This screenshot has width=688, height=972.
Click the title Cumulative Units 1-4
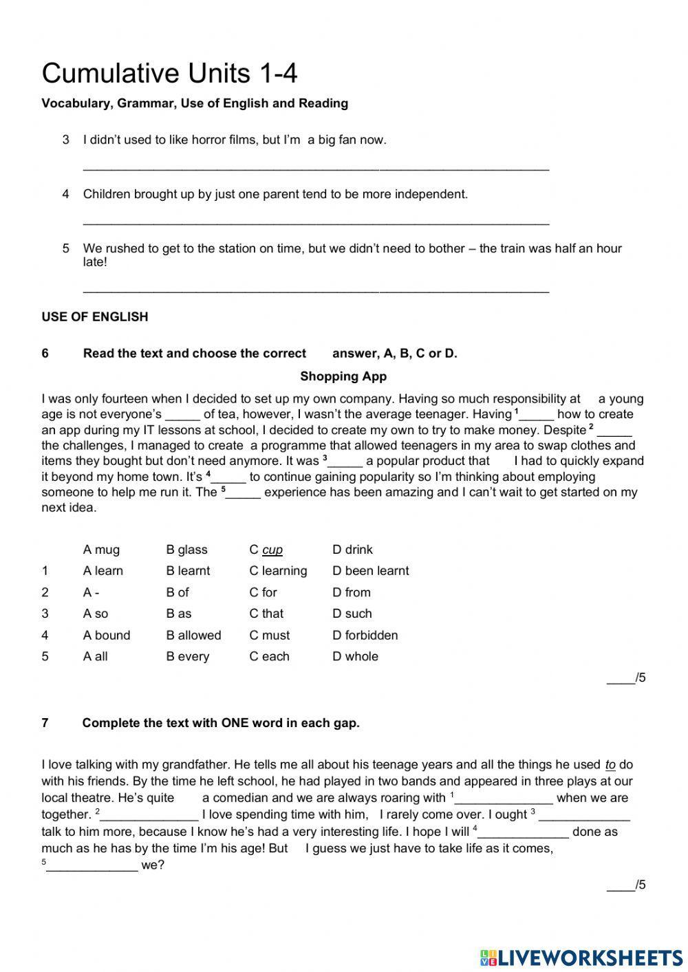[x=169, y=74]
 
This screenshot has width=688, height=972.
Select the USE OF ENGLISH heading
[x=95, y=317]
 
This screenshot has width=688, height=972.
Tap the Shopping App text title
[x=343, y=376]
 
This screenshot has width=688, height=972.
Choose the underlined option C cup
[x=266, y=550]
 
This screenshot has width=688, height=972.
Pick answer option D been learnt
[x=370, y=571]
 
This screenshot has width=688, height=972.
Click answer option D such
[x=352, y=614]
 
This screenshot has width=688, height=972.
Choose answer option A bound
[x=107, y=635]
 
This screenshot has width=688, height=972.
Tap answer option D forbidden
[x=365, y=635]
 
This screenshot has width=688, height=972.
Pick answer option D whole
[x=355, y=656]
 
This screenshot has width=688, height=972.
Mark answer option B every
[x=187, y=656]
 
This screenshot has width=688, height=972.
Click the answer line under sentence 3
[x=316, y=167]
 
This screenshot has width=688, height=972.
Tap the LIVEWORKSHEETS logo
[x=581, y=956]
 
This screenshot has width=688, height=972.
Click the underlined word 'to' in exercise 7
[x=610, y=765]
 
